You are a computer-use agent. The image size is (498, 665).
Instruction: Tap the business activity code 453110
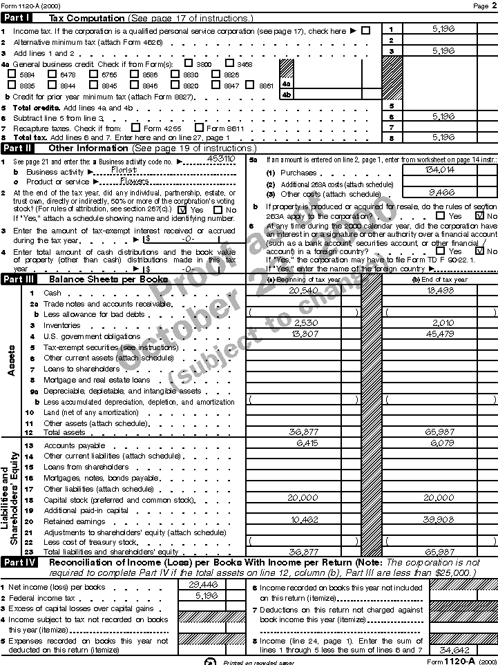tap(220, 158)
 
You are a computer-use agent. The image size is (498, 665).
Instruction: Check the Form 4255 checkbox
tap(135, 128)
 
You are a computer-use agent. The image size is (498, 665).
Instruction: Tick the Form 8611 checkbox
tap(200, 128)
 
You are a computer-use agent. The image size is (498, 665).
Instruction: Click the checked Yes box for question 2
tap(182, 210)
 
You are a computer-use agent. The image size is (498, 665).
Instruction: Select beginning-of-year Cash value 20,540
tap(303, 291)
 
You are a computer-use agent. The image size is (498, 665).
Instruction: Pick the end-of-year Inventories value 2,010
tap(441, 323)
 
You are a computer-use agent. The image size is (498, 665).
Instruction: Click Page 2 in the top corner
tap(481, 6)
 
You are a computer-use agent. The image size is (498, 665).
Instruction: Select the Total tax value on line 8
tap(443, 137)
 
